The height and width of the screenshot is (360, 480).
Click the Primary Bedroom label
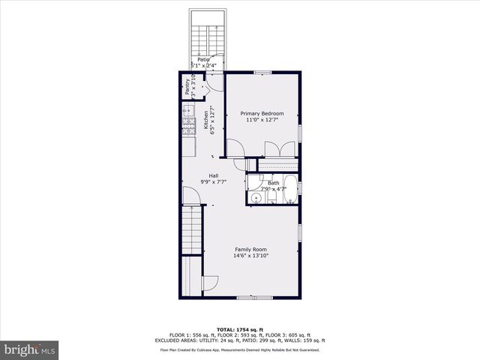point(262,113)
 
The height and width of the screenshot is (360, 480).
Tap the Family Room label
point(250,250)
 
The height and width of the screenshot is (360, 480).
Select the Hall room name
point(214,175)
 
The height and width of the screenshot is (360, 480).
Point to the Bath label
point(273,182)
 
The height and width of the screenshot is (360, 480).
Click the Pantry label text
point(187,87)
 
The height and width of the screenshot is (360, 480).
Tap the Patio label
point(203,59)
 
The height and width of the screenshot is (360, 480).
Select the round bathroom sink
point(256,198)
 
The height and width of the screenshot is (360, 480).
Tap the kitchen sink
point(187,111)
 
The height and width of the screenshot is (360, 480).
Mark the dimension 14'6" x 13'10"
point(250,256)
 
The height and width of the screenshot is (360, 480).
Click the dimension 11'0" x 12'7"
point(262,120)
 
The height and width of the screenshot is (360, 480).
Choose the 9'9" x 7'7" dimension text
point(214,182)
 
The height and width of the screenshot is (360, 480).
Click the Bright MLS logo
point(30,349)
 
